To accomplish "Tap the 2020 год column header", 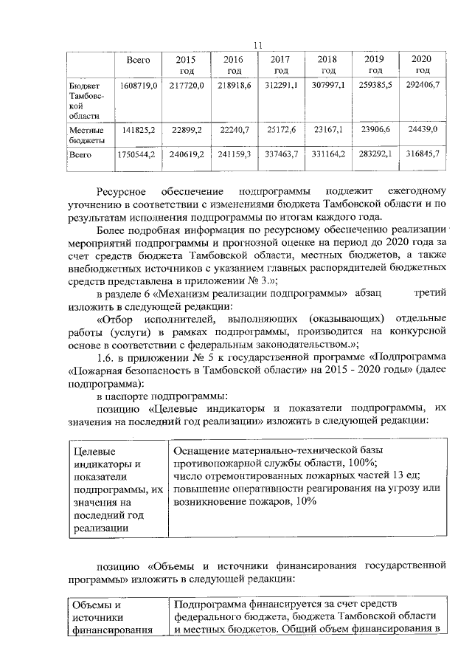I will click(422, 64).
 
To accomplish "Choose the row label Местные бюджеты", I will click(86, 134).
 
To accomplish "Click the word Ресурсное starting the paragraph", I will click(125, 190).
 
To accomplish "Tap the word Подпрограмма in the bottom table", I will click(212, 604).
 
